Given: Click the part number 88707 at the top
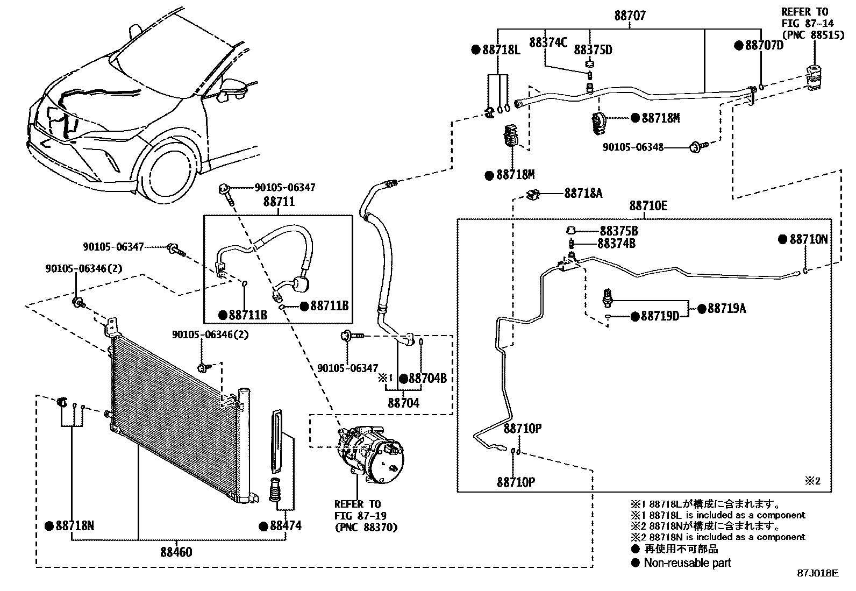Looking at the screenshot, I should coord(630,16).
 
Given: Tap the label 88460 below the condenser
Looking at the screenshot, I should coord(176,552).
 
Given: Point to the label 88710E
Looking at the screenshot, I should coord(648,206).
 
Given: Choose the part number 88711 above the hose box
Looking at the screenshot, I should coord(279,202).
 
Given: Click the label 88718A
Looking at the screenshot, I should coord(583,193).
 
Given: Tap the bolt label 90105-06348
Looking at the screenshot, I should coord(633,147).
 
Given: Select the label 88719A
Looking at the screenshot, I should coord(726,308).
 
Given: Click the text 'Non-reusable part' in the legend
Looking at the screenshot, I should coord(688,563).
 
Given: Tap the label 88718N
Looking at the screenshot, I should coord(75,526).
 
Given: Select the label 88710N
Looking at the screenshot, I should coord(808,239).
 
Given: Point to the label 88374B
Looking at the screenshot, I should coord(617,244).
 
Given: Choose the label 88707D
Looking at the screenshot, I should coord(764,45).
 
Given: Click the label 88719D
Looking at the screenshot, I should coord(660,316).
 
